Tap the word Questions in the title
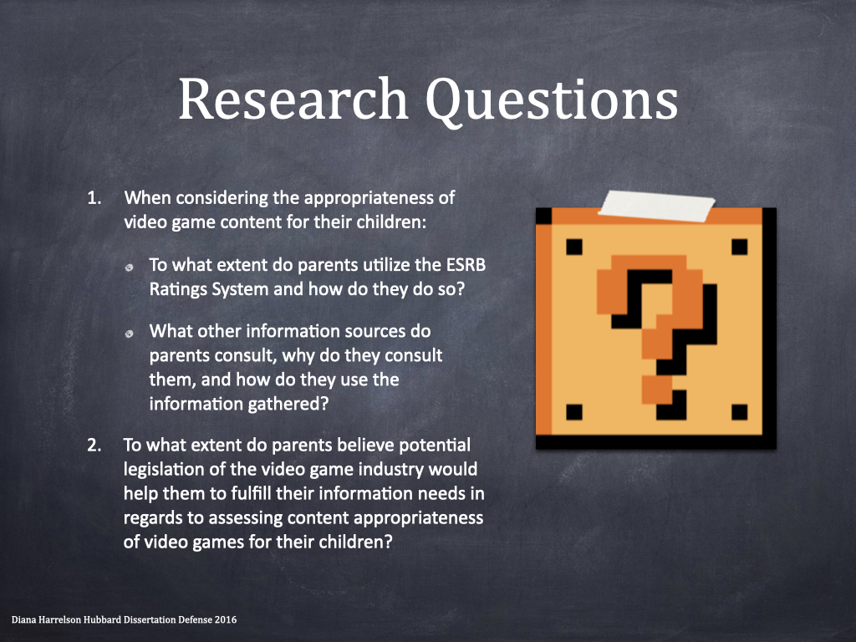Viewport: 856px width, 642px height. click(x=552, y=101)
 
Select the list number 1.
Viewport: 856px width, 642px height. click(x=94, y=197)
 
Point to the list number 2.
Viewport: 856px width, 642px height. click(x=94, y=445)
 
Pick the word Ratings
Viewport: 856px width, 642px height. click(x=178, y=289)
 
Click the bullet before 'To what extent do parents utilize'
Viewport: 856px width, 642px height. click(x=130, y=267)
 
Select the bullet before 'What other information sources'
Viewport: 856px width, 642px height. click(x=130, y=334)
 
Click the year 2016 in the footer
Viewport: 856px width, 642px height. click(x=226, y=619)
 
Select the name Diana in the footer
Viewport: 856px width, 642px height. click(x=23, y=619)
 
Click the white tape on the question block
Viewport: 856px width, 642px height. click(x=656, y=206)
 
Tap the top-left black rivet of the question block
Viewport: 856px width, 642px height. click(x=574, y=247)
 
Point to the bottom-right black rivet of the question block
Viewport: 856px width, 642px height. click(x=739, y=412)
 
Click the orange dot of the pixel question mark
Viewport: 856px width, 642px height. click(x=657, y=390)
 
